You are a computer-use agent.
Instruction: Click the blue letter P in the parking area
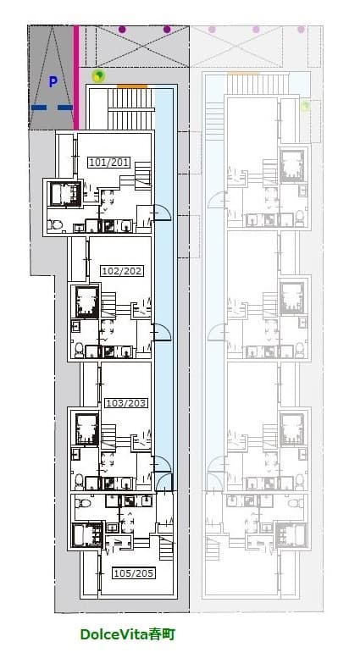click(x=53, y=82)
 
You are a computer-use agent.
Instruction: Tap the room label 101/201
click(x=108, y=162)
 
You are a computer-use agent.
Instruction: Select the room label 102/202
click(x=122, y=271)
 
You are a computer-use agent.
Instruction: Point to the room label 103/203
click(x=126, y=403)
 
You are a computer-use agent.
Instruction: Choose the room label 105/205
click(x=134, y=572)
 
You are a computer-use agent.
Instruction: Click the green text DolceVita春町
click(x=128, y=633)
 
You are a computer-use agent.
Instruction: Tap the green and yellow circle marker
click(x=98, y=76)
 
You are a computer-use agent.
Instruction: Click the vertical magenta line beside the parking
click(x=76, y=78)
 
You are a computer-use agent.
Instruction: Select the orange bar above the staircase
click(x=132, y=86)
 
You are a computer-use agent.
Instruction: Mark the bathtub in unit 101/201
click(x=64, y=193)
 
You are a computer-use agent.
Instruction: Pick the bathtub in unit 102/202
click(x=87, y=301)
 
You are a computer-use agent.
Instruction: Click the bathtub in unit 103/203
click(x=87, y=429)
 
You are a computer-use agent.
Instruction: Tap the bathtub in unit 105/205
click(x=87, y=534)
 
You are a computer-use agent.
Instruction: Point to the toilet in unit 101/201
click(x=55, y=225)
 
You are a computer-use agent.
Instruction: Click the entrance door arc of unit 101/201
click(x=163, y=212)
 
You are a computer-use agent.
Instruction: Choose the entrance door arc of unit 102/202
click(x=163, y=332)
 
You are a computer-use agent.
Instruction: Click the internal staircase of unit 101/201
click(x=143, y=175)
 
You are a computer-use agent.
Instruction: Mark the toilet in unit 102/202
click(x=79, y=349)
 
